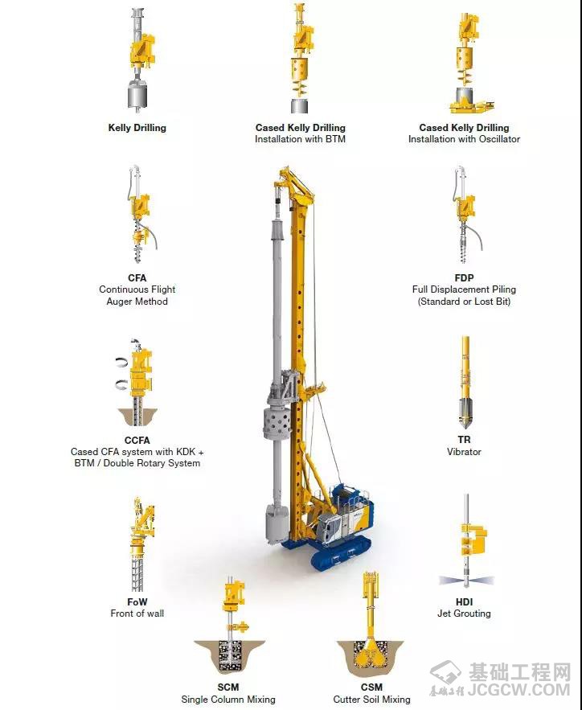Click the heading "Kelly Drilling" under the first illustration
click(137, 128)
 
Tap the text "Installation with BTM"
click(300, 139)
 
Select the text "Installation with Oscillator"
click(464, 139)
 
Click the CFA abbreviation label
click(137, 277)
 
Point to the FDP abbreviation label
click(464, 277)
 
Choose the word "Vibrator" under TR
click(464, 451)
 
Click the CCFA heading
click(137, 440)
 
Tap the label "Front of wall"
click(137, 614)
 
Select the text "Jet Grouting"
click(464, 614)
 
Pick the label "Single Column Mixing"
click(228, 700)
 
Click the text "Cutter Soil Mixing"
click(371, 700)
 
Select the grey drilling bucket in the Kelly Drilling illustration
click(137, 94)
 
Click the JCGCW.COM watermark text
click(518, 690)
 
